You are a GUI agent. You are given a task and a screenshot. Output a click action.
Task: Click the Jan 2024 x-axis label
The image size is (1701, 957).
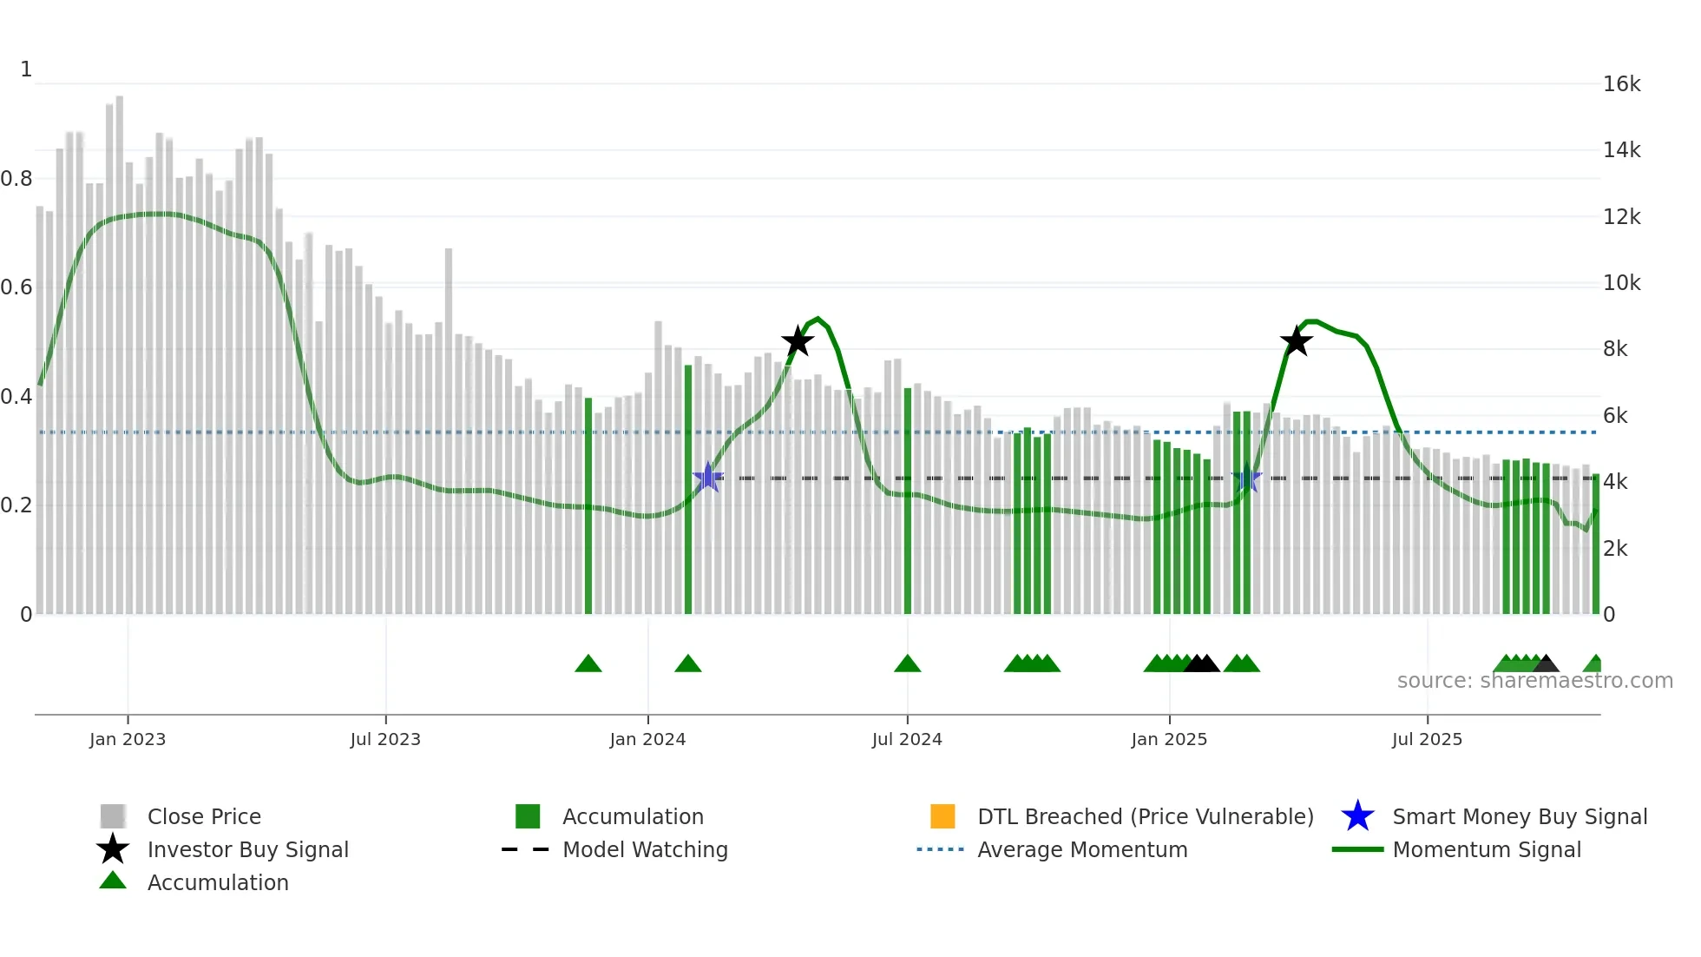pyautogui.click(x=647, y=739)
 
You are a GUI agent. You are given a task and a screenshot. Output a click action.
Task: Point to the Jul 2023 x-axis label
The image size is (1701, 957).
pyautogui.click(x=385, y=739)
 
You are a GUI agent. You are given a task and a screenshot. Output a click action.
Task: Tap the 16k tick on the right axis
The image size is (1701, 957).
pyautogui.click(x=1621, y=84)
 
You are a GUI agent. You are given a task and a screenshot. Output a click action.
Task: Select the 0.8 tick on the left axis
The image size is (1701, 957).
pyautogui.click(x=16, y=179)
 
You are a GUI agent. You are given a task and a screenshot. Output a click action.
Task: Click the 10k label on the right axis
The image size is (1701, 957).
pyautogui.click(x=1621, y=283)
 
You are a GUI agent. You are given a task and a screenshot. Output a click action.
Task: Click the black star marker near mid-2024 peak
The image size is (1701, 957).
pyautogui.click(x=798, y=341)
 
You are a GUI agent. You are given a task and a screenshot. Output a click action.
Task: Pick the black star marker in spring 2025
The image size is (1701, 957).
pyautogui.click(x=1296, y=341)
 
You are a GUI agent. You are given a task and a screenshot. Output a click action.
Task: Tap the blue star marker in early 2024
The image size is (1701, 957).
pyautogui.click(x=708, y=478)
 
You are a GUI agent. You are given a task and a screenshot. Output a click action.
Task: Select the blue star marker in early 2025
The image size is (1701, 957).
pyautogui.click(x=1246, y=478)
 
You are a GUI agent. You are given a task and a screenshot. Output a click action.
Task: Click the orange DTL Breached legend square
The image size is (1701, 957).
pyautogui.click(x=942, y=816)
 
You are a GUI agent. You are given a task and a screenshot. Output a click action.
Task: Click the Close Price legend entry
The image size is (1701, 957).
pyautogui.click(x=204, y=816)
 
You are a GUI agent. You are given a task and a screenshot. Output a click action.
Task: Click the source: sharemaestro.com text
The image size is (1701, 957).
pyautogui.click(x=1534, y=681)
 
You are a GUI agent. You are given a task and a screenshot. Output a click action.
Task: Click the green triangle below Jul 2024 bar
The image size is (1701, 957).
pyautogui.click(x=908, y=664)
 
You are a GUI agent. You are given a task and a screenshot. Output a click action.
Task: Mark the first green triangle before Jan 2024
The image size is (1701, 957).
pyautogui.click(x=588, y=664)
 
